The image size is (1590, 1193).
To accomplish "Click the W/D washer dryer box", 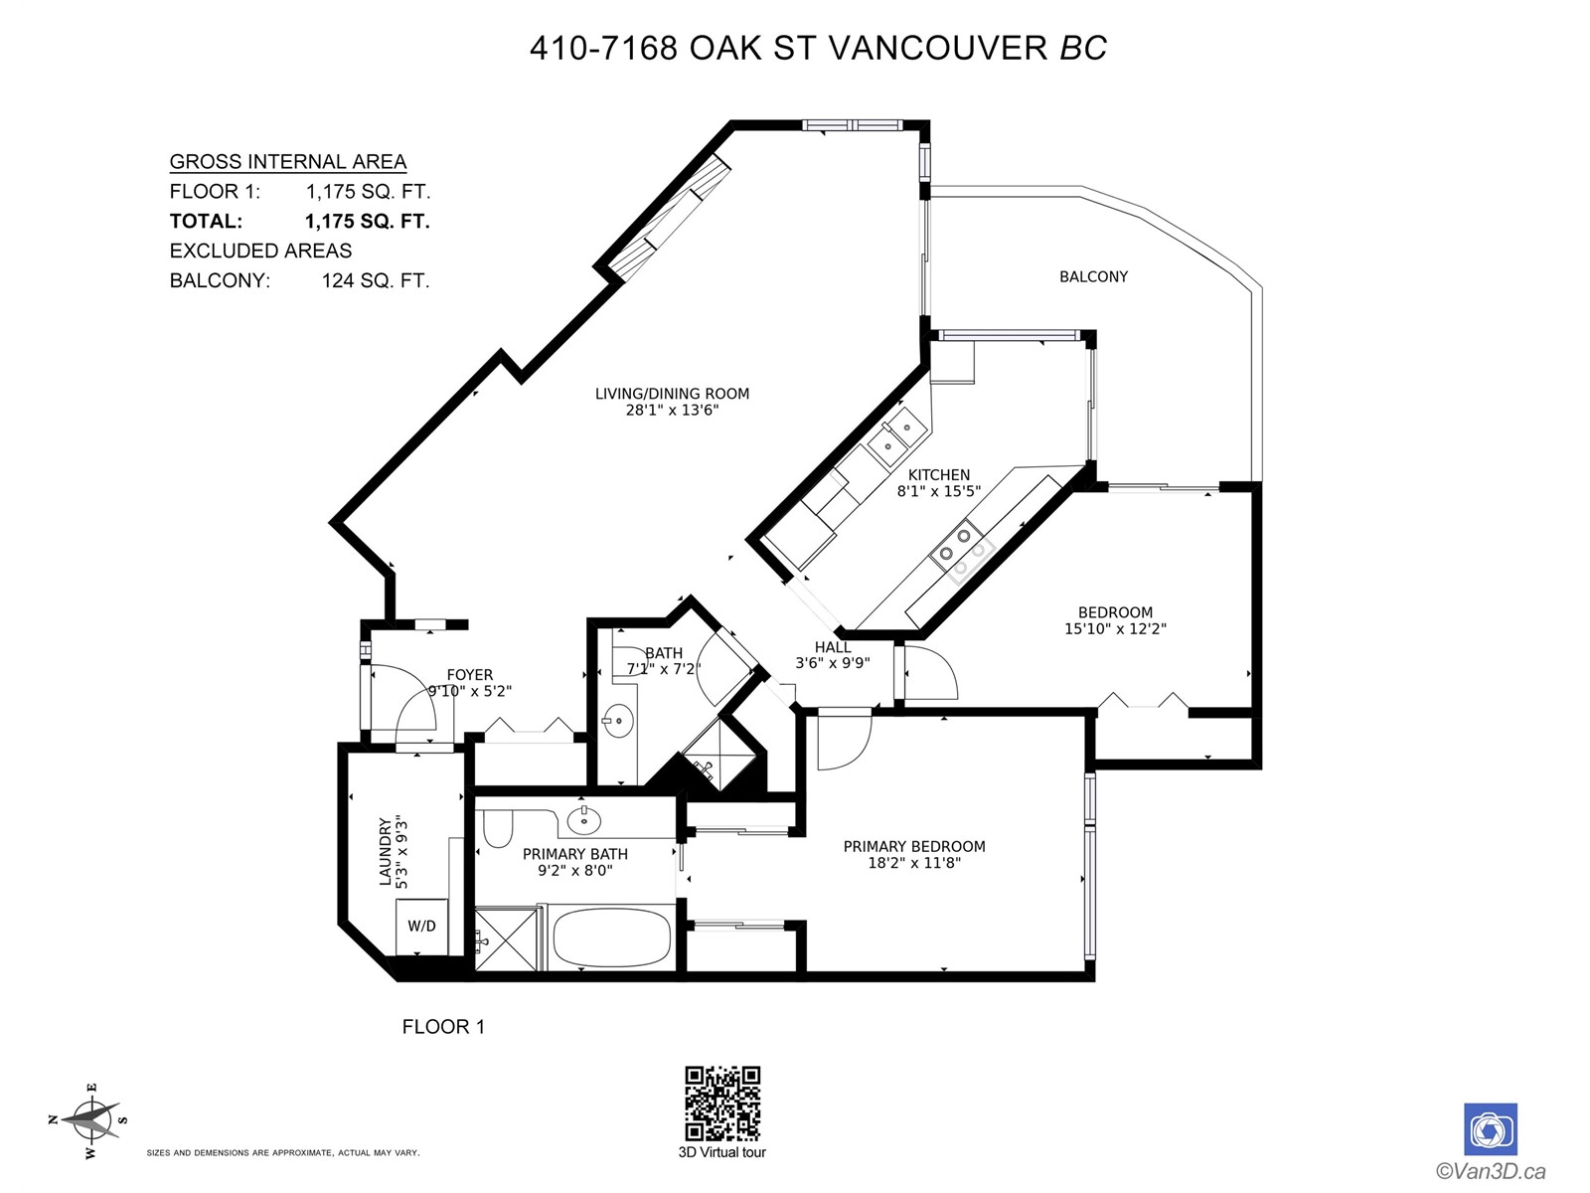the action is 421,927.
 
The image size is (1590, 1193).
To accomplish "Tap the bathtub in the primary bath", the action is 611,937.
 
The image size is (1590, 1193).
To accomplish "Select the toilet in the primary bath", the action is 497,828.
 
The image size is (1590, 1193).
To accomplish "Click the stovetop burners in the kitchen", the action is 962,552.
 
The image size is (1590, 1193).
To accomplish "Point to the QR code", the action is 722,1103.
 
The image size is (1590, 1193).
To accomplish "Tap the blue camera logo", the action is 1490,1129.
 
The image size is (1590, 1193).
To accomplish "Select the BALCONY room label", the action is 1093,276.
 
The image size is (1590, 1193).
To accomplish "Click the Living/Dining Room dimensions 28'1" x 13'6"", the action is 672,411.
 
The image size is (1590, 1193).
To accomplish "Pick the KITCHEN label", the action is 939,475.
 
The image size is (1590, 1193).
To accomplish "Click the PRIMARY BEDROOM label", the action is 914,846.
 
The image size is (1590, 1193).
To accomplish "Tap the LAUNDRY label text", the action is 385,852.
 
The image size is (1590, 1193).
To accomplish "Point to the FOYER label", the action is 469,675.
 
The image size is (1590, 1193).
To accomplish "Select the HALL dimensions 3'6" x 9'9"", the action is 833,662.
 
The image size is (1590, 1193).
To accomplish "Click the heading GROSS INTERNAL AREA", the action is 287,161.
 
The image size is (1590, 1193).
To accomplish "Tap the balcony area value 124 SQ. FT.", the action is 376,280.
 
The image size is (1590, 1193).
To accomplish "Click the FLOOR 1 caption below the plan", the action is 443,1026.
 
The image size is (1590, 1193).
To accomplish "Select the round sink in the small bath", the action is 618,720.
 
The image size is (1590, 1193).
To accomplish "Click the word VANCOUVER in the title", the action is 938,49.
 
